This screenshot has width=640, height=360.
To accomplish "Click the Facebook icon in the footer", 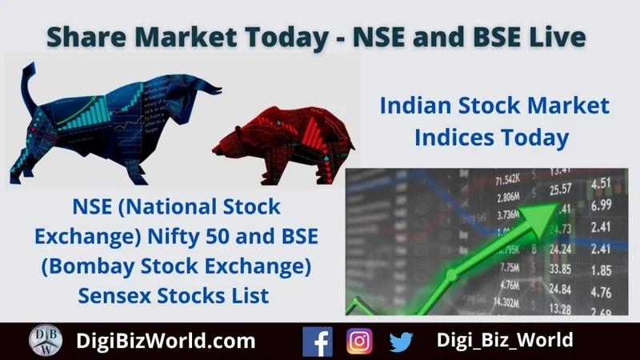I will pyautogui.click(x=318, y=341).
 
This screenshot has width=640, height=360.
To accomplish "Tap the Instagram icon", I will pyautogui.click(x=359, y=341).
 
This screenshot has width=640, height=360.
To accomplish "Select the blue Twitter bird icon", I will pyautogui.click(x=401, y=342).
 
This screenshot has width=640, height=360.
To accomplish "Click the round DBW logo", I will pyautogui.click(x=46, y=341).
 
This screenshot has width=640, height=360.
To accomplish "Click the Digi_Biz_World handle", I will pyautogui.click(x=505, y=340).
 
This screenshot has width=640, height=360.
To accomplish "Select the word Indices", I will pyautogui.click(x=454, y=137).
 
